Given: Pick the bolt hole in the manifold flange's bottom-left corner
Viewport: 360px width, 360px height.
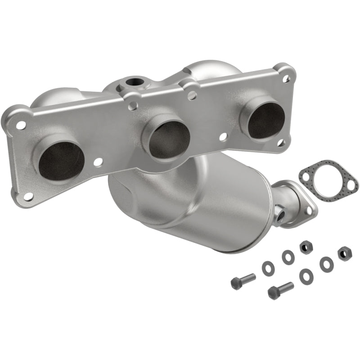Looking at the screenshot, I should [28, 197].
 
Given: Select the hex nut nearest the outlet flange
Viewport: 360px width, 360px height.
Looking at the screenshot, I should [306, 247].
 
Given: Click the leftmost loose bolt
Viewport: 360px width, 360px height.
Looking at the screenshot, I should [243, 281].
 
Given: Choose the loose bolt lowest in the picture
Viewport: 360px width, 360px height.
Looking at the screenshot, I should [280, 290].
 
